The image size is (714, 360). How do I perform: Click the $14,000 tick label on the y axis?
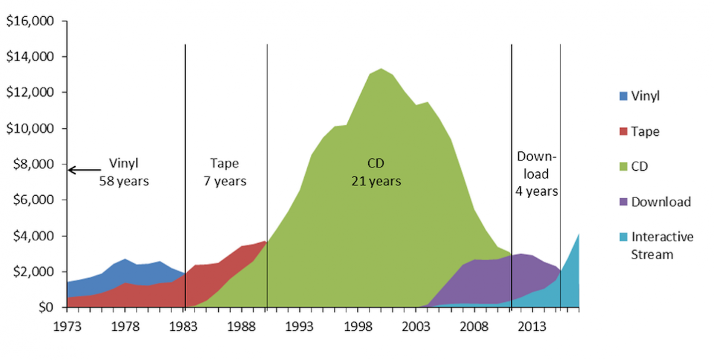pyautogui.click(x=30, y=57)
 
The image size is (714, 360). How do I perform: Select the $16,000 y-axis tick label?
pyautogui.click(x=30, y=21)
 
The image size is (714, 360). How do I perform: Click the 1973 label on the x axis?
pyautogui.click(x=67, y=326)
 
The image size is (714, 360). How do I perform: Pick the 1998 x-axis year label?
pyautogui.click(x=357, y=326)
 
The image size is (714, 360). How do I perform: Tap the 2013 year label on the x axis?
pyautogui.click(x=531, y=326)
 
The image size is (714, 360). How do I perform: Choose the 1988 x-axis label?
pyautogui.click(x=241, y=326)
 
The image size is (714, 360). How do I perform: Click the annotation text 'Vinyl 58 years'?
pyautogui.click(x=124, y=172)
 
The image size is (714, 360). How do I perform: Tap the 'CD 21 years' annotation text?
pyautogui.click(x=375, y=172)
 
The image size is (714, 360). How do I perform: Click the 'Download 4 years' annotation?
pyautogui.click(x=537, y=174)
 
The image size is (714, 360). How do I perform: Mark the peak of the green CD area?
pyautogui.click(x=381, y=69)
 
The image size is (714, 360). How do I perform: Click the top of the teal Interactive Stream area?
pyautogui.click(x=578, y=234)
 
